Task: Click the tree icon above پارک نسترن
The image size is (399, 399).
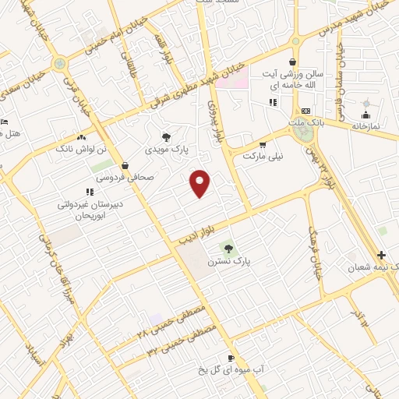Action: click(228, 249)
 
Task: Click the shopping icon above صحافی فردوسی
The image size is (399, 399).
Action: click(125, 165)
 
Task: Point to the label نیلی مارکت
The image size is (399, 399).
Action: click(263, 156)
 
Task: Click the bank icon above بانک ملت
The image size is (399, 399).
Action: click(306, 111)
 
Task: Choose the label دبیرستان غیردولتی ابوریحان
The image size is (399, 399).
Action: click(81, 208)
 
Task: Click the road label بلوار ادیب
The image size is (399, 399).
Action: click(196, 230)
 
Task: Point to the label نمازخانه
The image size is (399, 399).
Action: click(364, 124)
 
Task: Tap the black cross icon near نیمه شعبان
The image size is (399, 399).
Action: click(381, 255)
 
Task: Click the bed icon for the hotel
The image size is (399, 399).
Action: click(4, 122)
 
